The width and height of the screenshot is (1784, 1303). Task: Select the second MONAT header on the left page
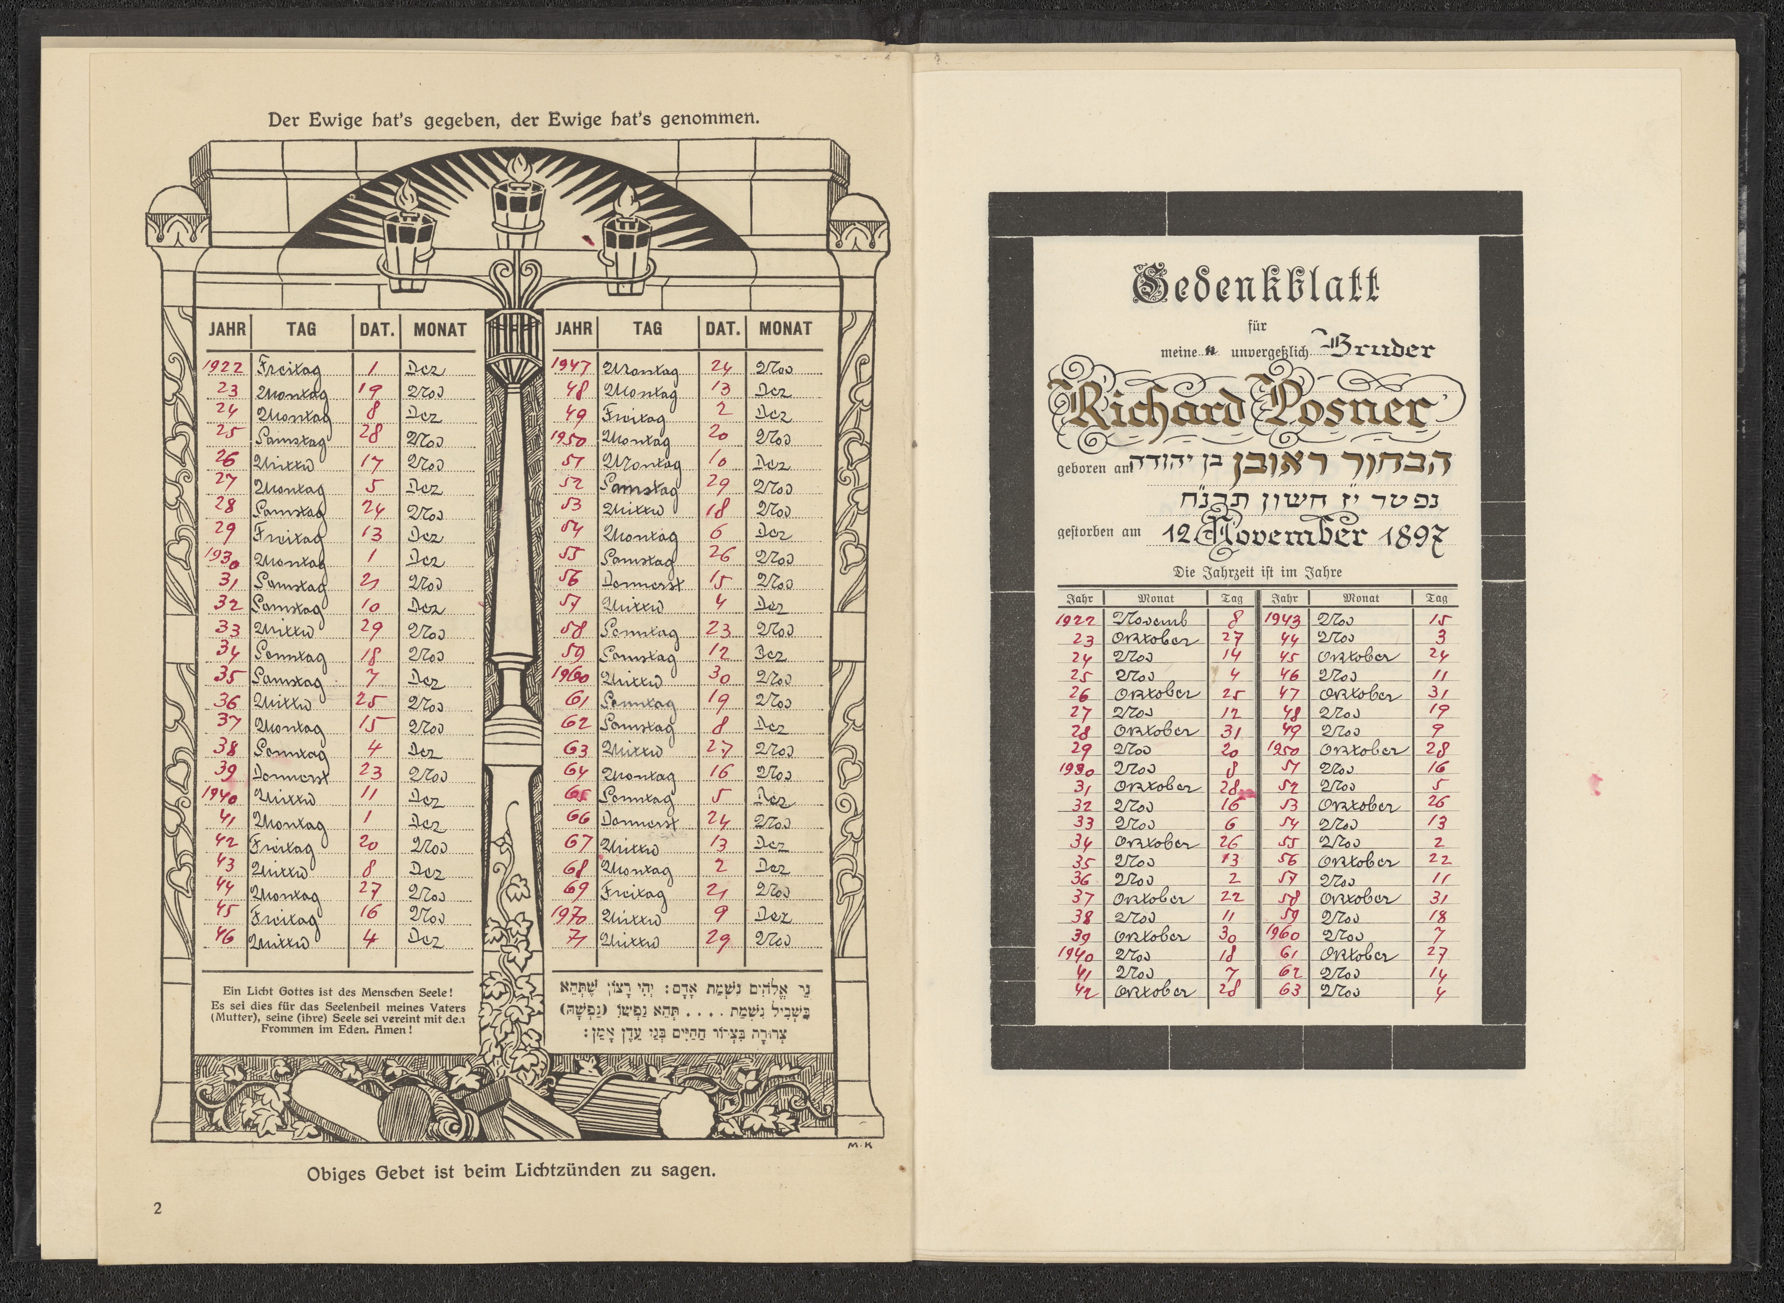point(785,329)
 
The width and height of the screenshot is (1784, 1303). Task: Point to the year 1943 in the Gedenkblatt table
point(1281,620)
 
